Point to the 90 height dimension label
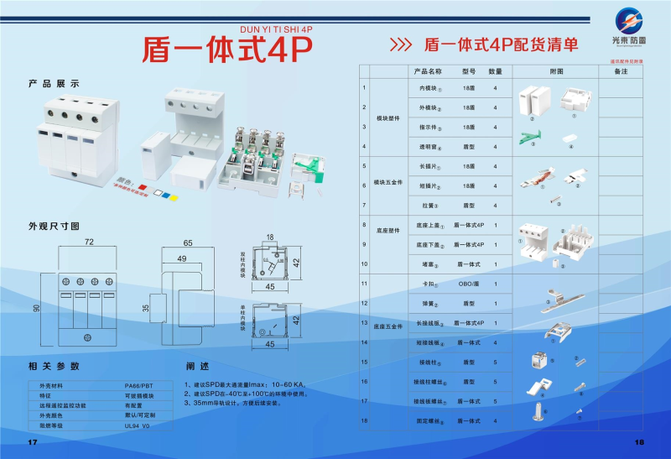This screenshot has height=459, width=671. pos(36,308)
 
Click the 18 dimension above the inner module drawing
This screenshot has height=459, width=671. pos(269,237)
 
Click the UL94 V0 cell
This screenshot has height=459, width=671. pos(137,425)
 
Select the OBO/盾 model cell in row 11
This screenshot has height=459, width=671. pos(469,284)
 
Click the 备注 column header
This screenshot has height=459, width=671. pos(621,71)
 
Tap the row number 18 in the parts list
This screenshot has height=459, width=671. pos(364,420)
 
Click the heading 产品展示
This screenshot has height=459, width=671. pos(54,84)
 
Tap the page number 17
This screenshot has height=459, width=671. pos(33,441)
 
